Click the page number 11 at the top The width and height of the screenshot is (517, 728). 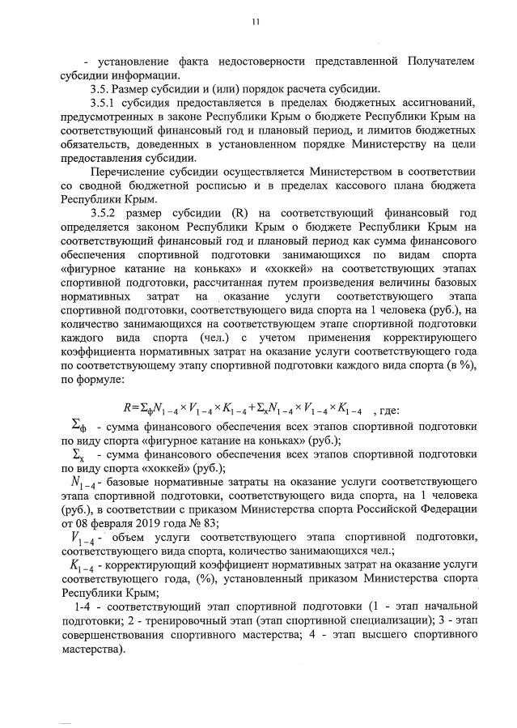(x=256, y=22)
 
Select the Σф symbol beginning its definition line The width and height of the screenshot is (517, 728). (x=80, y=425)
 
